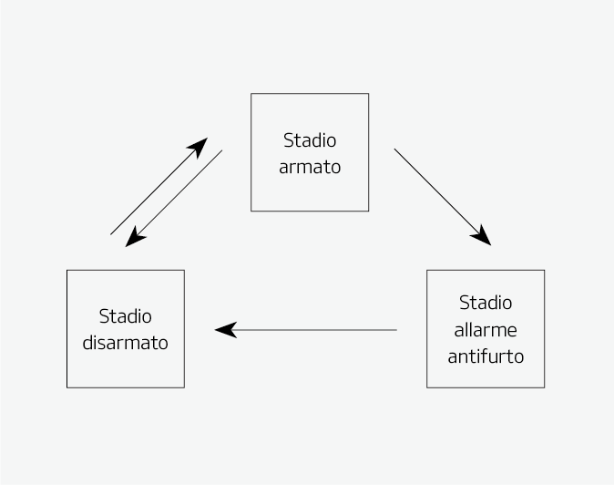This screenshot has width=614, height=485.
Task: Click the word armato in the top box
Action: (310, 167)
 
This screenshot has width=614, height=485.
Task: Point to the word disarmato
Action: (126, 343)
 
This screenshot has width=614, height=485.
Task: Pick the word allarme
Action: (486, 329)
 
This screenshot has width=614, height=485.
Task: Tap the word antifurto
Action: (486, 356)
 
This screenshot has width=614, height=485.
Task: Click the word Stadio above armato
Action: (310, 140)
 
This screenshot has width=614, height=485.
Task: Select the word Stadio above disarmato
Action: (126, 316)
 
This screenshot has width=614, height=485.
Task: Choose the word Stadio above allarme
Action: (486, 303)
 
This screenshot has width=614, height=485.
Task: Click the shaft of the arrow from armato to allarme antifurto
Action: (437, 191)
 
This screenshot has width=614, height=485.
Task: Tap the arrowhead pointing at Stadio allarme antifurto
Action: (483, 237)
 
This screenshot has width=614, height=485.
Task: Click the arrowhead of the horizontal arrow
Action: (225, 330)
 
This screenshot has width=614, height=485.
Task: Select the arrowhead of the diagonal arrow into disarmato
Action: (134, 238)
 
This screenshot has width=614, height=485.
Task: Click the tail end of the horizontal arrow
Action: (395, 330)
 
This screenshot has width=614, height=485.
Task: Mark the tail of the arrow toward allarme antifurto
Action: (395, 150)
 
